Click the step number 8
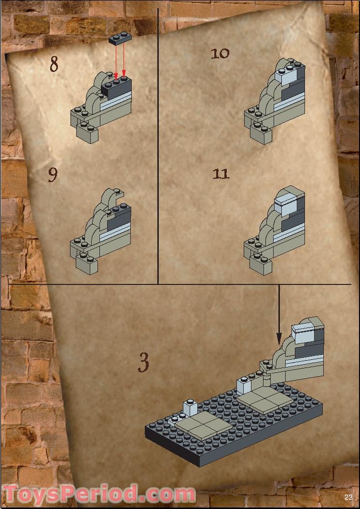(54, 64)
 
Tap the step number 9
(53, 175)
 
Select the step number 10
(220, 53)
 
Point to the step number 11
(221, 174)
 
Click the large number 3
(143, 363)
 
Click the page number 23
(348, 497)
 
